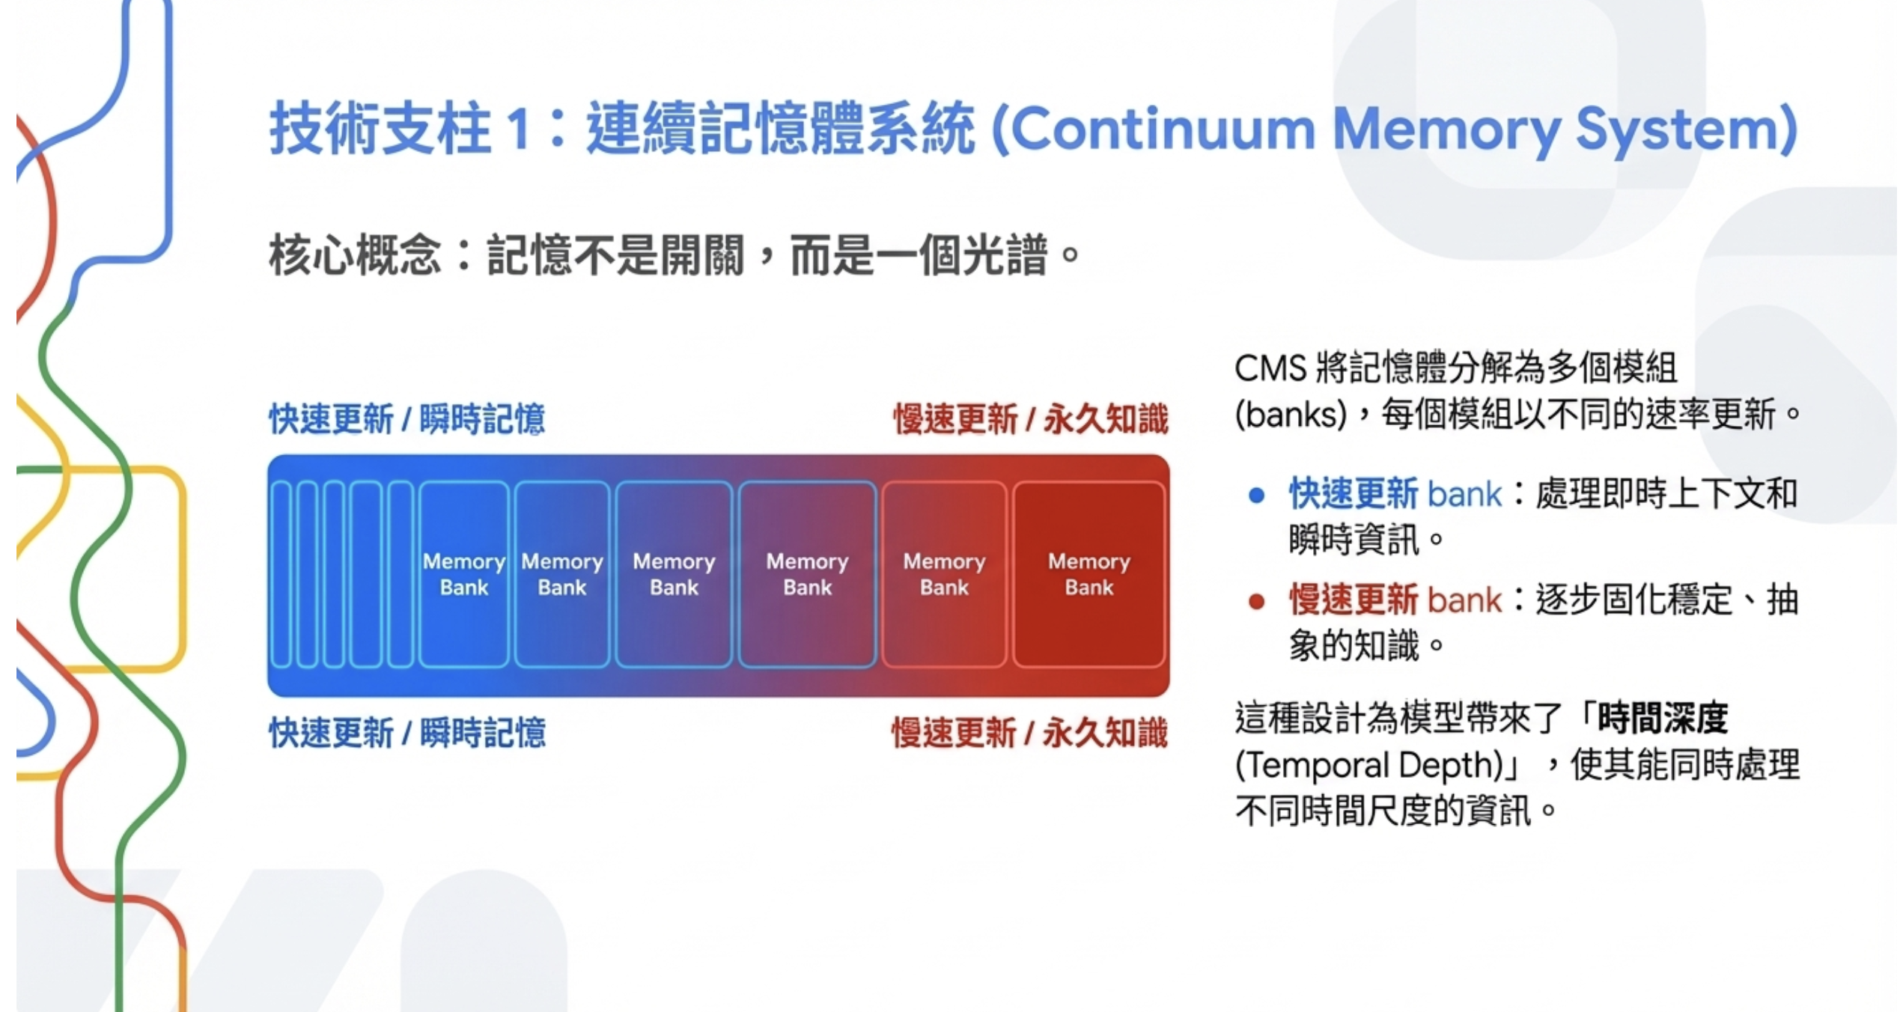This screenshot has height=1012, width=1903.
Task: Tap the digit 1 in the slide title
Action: click(x=518, y=129)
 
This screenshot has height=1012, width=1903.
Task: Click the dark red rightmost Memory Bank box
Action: click(x=1088, y=574)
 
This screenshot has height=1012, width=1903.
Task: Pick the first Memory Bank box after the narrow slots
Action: click(x=463, y=574)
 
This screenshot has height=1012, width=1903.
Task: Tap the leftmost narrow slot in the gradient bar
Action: click(x=281, y=574)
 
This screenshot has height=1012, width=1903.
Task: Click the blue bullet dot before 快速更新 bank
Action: click(x=1257, y=495)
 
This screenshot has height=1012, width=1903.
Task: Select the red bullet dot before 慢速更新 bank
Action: click(x=1257, y=601)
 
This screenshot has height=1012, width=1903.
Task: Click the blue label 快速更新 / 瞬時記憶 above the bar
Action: click(x=407, y=418)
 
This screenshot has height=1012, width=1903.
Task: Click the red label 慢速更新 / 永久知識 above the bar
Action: click(x=1030, y=418)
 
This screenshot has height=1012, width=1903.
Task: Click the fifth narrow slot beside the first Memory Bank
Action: click(x=401, y=574)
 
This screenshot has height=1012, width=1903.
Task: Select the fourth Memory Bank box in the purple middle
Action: click(x=807, y=574)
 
